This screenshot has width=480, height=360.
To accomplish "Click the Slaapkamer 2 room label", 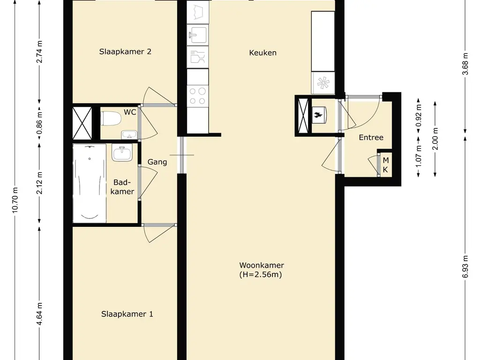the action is [x=125, y=52].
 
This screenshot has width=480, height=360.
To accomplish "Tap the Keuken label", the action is [x=262, y=52].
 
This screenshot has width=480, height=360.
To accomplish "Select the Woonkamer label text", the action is [x=262, y=265].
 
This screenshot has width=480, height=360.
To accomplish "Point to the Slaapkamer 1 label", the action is [x=127, y=314].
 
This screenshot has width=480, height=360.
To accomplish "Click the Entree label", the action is [x=371, y=137].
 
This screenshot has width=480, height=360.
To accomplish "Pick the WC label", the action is [x=130, y=112].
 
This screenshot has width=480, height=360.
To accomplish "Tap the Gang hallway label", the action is [x=157, y=162].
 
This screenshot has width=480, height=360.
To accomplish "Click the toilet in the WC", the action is [x=111, y=119].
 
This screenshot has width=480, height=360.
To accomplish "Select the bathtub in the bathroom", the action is [x=90, y=183].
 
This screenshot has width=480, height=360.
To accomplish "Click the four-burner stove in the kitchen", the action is [x=198, y=96].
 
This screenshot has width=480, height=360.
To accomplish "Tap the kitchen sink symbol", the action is [x=198, y=35].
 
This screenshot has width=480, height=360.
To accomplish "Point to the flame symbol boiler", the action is [x=318, y=115].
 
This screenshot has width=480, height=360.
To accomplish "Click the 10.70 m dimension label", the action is [x=15, y=200].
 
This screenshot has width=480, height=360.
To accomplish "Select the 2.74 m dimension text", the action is [x=39, y=52].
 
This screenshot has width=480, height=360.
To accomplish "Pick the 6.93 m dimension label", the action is [x=465, y=267].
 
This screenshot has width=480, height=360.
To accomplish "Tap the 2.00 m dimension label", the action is [x=435, y=139].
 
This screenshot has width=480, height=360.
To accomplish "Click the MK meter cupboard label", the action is [x=386, y=165].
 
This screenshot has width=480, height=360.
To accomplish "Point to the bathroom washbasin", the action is [x=122, y=153].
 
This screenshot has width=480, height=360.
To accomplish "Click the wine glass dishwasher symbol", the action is [x=198, y=57].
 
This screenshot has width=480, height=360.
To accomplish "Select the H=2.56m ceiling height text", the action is [x=261, y=274].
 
